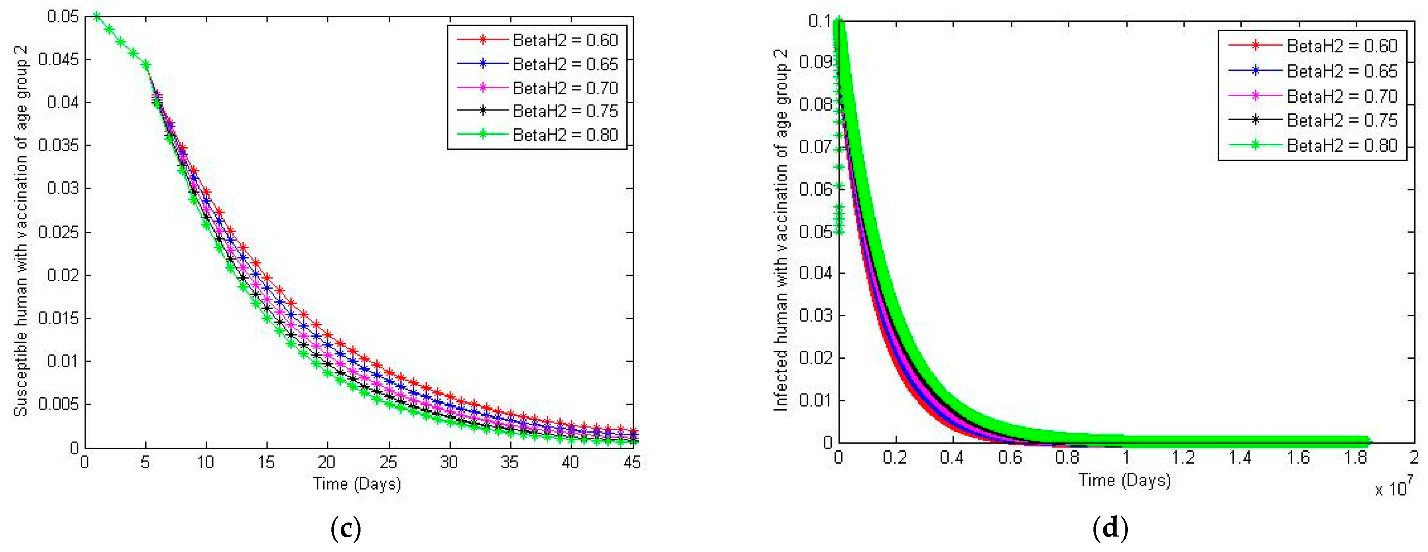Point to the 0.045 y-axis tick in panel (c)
(x=58, y=59)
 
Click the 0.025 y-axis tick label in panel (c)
(x=58, y=232)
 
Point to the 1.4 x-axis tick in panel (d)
(x=1240, y=457)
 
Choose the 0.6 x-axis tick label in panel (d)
(x=1010, y=457)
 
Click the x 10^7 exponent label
(x=1393, y=488)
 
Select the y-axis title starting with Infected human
(x=780, y=230)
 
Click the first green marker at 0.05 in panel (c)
(x=97, y=16)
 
